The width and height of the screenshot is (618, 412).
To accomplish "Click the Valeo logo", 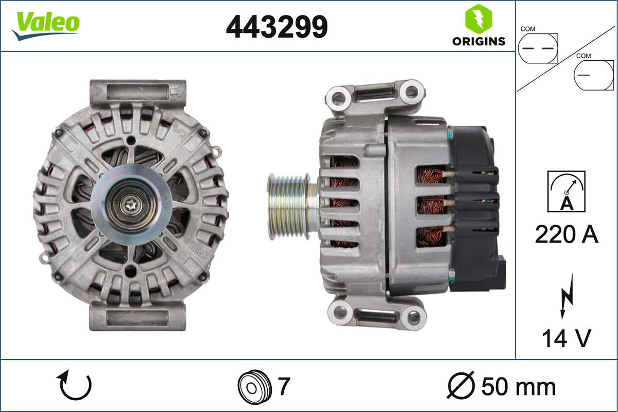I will pos(46,25).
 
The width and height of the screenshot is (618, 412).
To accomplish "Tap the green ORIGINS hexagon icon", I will pos(478,19).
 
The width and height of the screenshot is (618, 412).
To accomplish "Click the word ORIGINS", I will pos(478,42).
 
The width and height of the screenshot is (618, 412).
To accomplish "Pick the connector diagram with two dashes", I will pos(538,48).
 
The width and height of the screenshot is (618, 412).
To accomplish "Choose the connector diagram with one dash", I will pos(594,75).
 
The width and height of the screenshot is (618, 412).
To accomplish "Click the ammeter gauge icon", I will pos(566,192).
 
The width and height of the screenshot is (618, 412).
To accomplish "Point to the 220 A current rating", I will pos(566,235).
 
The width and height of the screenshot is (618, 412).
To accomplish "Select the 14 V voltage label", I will pos(566,338).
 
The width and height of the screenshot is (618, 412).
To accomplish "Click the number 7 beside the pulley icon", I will pos(284,386).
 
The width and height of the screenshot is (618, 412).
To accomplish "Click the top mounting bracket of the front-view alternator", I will pos(137,92).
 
